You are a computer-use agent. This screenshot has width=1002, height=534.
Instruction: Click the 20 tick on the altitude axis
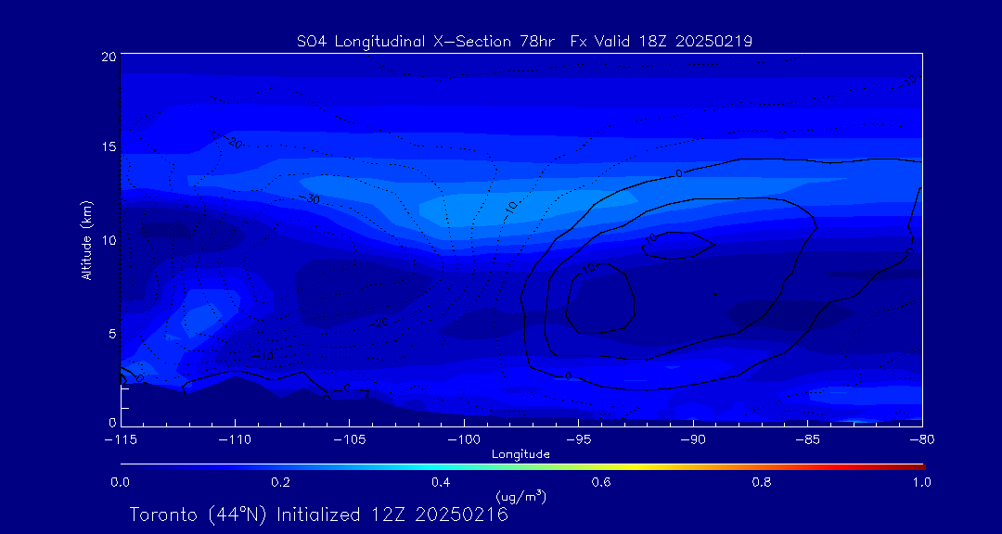(108, 57)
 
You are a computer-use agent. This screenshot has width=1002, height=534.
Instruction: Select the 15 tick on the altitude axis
(108, 147)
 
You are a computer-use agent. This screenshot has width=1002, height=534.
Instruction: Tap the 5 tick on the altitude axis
(110, 332)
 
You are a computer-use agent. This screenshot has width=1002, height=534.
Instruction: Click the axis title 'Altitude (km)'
(87, 240)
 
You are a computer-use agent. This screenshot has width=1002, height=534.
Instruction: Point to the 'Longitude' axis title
(520, 454)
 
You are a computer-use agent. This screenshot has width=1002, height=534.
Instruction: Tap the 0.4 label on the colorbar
(441, 482)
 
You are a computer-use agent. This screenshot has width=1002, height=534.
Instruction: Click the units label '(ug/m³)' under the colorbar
(520, 497)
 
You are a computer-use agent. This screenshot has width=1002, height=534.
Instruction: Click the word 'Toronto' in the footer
(162, 515)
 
